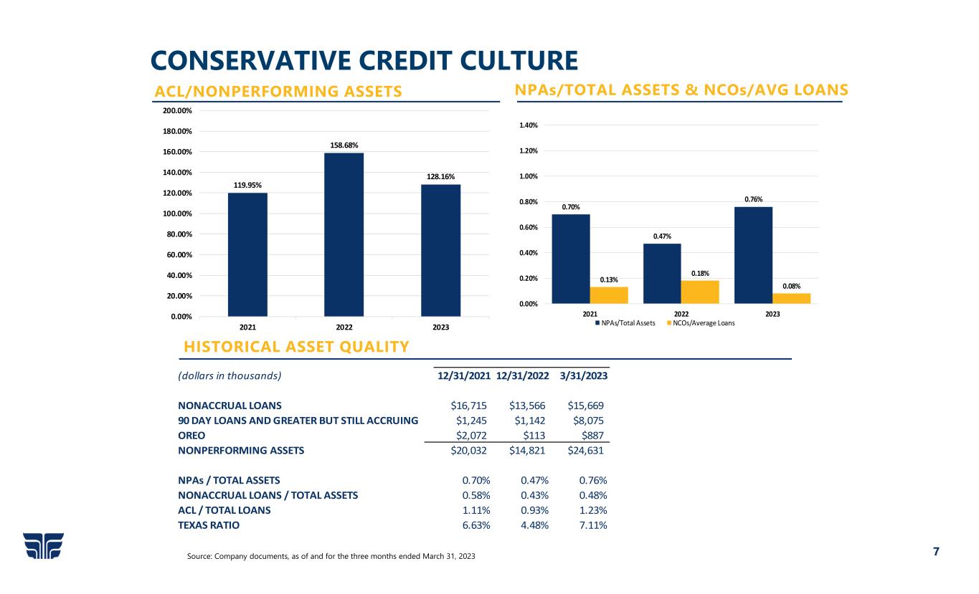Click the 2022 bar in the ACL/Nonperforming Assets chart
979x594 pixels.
pos(344,234)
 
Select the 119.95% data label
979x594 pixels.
pos(247,185)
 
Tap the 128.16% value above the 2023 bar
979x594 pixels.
pos(440,176)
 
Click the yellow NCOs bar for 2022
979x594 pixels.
pos(700,292)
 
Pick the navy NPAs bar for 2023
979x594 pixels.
pos(753,255)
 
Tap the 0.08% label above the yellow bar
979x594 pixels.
pos(791,286)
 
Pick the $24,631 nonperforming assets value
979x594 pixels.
pos(585,451)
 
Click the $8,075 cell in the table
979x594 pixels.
pos(589,420)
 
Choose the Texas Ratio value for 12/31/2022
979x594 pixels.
pos(534,525)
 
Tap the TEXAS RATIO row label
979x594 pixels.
pos(209,525)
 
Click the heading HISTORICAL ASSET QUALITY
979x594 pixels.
pos(296,348)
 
